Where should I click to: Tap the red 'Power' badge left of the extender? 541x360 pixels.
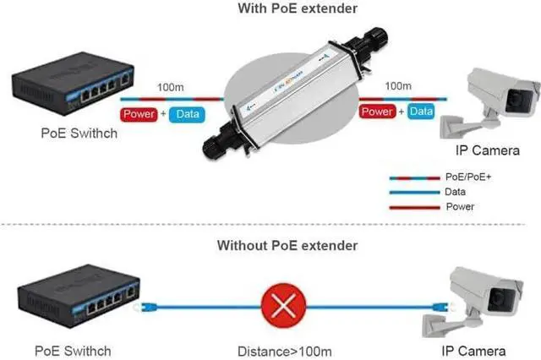coord(139,113)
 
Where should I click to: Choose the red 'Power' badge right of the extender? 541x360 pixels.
coord(378,111)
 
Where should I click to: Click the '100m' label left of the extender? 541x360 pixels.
coord(167,87)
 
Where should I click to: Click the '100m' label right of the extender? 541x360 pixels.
coord(398,86)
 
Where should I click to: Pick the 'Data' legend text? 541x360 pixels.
coord(455,193)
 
